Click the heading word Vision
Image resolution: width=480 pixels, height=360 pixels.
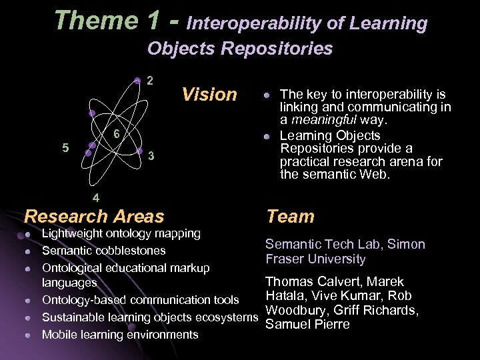pos(209,95)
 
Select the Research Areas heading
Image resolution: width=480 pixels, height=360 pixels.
pos(93,216)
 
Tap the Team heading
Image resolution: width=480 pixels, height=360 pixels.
pos(290,216)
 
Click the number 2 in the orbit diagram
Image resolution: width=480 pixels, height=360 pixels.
pos(151,81)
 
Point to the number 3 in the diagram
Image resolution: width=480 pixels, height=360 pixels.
pos(152,156)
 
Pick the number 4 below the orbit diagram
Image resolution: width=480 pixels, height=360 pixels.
pos(96,197)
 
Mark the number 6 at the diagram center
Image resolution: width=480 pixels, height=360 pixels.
pos(115,133)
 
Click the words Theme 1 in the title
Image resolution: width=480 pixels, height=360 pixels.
pos(106,21)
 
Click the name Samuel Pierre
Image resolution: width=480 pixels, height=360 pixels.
pos(307,324)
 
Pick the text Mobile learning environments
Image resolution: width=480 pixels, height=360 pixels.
pos(120,335)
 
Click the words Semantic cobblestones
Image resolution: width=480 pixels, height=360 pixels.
pos(104,251)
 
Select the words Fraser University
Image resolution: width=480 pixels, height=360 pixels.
pos(315,259)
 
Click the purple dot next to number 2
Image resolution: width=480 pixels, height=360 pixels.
pos(137,81)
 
